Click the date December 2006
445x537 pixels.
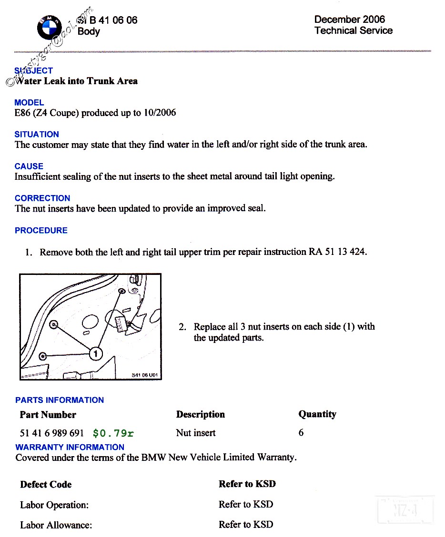click(x=349, y=20)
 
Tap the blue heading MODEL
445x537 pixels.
click(x=29, y=102)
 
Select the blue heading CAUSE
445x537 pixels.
click(x=29, y=166)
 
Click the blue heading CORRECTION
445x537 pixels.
click(x=42, y=198)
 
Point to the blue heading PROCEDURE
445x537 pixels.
click(x=41, y=230)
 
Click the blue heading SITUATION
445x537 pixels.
click(x=37, y=134)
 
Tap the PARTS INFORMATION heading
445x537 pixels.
click(x=60, y=400)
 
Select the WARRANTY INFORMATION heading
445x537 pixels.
click(x=70, y=447)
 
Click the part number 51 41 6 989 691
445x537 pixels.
click(x=52, y=433)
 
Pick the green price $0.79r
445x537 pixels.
click(x=113, y=433)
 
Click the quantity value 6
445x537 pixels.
click(x=301, y=433)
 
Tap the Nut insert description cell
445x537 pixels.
click(x=195, y=433)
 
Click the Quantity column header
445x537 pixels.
click(x=317, y=414)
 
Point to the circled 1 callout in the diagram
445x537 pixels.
click(x=96, y=353)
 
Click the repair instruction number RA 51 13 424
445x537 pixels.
click(x=337, y=252)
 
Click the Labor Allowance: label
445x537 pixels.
click(x=56, y=525)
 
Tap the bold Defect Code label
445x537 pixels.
click(x=46, y=485)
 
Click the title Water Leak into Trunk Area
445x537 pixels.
click(x=76, y=81)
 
